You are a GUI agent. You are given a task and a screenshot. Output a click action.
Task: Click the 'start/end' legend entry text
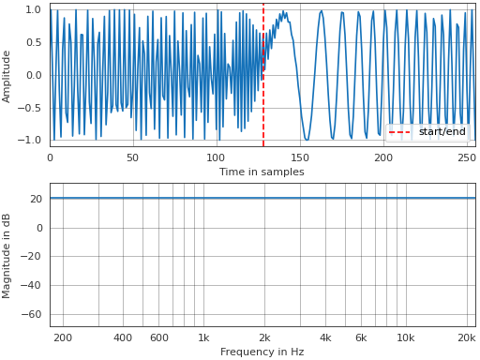click(x=442, y=132)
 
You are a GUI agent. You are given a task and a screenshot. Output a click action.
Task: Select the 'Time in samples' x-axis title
click(x=262, y=172)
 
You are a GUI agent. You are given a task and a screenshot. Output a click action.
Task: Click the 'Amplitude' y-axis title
click(x=7, y=75)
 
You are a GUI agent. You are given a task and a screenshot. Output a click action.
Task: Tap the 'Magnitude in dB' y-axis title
click(x=7, y=255)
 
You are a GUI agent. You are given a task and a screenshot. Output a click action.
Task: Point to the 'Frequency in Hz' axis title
click(x=262, y=352)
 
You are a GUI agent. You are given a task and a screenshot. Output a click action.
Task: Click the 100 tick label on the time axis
click(x=216, y=157)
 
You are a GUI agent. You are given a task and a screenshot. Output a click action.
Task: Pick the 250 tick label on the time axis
click(x=466, y=157)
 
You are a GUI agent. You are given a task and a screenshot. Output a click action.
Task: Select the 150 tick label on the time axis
click(x=299, y=157)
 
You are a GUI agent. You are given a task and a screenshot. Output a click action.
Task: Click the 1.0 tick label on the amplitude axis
click(x=33, y=9)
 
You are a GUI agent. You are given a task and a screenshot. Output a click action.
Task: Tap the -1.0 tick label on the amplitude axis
click(x=30, y=140)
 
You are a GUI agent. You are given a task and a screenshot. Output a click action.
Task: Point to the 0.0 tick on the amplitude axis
click(x=33, y=75)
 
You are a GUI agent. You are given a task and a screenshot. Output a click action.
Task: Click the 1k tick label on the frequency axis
click(x=203, y=337)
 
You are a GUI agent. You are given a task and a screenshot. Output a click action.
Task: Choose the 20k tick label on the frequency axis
click(x=466, y=337)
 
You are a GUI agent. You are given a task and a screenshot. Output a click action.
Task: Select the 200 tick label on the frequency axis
click(x=63, y=337)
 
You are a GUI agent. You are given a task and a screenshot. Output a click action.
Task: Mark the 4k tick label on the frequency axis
click(x=325, y=337)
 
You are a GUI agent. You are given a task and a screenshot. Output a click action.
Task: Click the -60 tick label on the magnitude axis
click(x=31, y=314)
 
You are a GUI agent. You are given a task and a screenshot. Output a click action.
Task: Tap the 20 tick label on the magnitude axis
click(x=35, y=199)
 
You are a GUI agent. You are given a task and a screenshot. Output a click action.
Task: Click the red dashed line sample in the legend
click(x=400, y=132)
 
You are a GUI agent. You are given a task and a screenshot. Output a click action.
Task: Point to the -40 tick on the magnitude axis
click(x=31, y=285)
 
